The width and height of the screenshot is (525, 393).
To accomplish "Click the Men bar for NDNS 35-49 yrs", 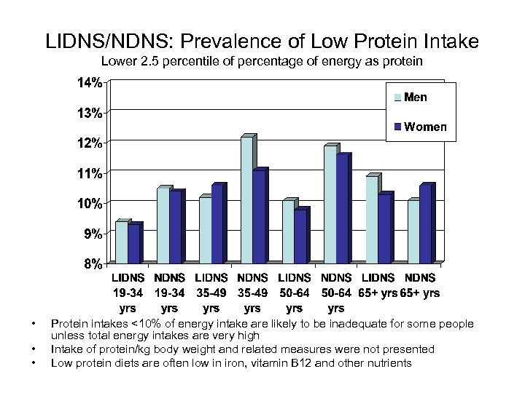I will (x=246, y=200).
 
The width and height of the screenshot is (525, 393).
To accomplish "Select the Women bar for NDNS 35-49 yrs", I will (x=260, y=217).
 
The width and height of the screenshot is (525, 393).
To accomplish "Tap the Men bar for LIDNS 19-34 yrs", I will (x=121, y=242).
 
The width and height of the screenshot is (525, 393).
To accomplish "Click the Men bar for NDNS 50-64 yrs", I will (x=330, y=205).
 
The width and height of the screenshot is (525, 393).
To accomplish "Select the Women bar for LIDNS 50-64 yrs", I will (x=301, y=236).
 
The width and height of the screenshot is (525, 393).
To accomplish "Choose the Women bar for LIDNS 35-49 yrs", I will (x=217, y=224).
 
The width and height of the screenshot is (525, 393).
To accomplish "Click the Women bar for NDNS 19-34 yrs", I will (x=175, y=227).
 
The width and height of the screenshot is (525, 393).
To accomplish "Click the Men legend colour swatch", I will (x=397, y=98).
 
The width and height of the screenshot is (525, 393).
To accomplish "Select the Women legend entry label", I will (x=426, y=127).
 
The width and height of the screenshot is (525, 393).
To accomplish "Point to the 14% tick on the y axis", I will (x=90, y=83).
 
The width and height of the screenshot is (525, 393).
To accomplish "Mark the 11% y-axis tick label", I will (x=90, y=173).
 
